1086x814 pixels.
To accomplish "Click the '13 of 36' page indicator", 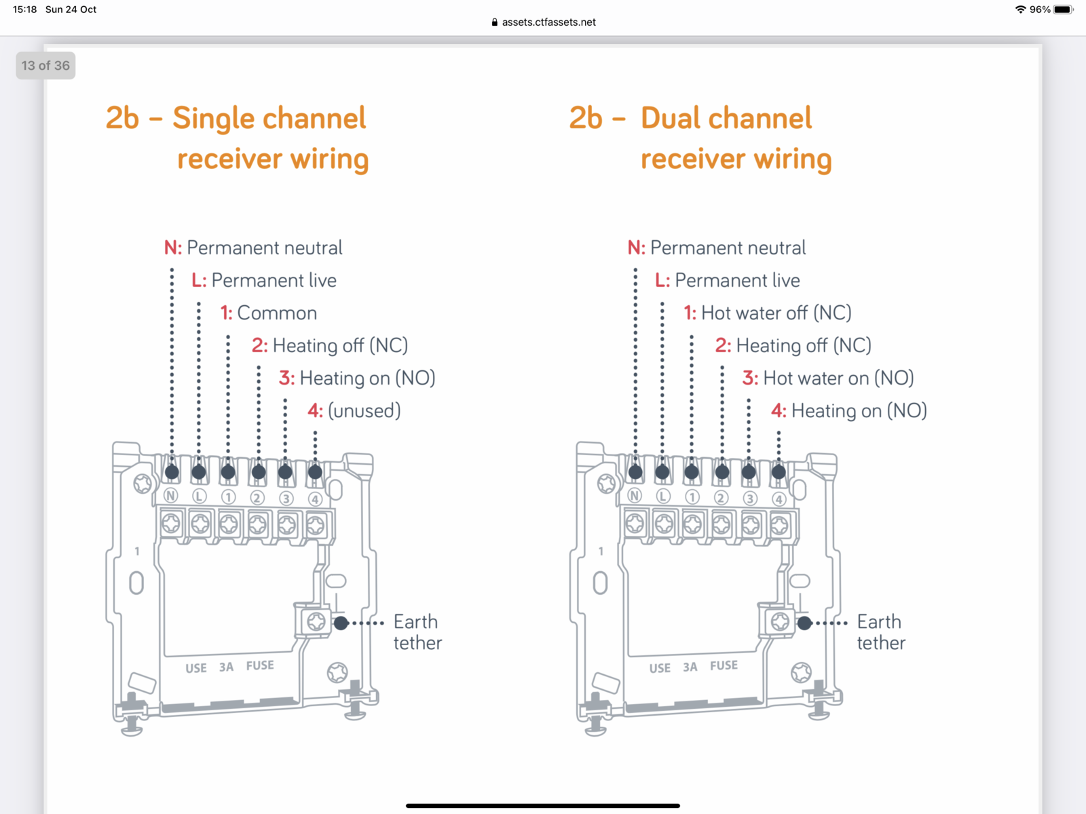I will coord(45,66).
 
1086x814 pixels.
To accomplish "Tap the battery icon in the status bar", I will coord(1063,9).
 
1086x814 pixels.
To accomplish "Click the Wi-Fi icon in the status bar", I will coord(1020,9).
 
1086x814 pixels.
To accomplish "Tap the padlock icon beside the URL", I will coord(494,22).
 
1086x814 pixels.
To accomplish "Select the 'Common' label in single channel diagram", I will coord(276,313).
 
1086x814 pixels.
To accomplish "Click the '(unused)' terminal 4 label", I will coord(364,410).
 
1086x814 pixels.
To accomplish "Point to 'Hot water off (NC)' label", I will coord(776,313).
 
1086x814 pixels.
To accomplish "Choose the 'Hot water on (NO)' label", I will coord(838,378).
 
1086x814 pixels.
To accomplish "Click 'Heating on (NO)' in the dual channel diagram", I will coord(859,410).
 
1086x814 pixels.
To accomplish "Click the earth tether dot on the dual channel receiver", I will coord(804,623).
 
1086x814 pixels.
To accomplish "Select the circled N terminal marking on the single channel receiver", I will coord(171,496).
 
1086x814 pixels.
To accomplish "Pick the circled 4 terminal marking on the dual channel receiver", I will coord(779,499).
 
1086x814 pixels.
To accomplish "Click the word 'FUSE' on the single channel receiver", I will coord(260,665).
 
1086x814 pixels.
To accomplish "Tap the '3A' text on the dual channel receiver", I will coord(690,667).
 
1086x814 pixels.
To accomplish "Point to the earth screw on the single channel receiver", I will coord(316,621).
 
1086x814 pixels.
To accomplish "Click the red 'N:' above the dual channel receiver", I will coord(636,248).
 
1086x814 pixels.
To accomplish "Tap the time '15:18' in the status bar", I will coord(25,9).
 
